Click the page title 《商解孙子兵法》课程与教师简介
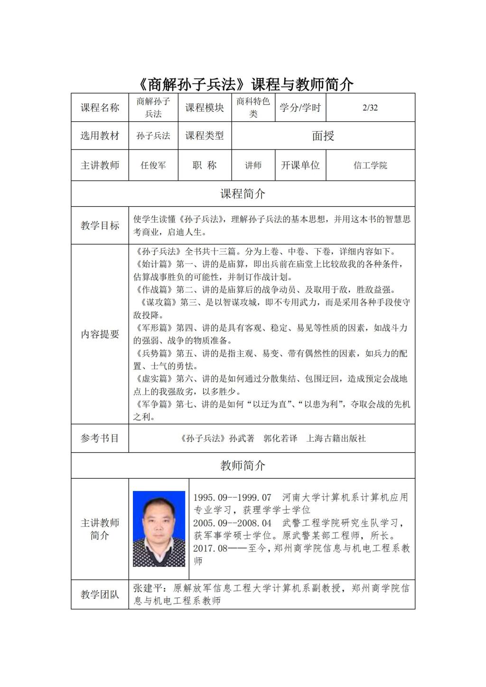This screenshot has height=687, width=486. click(x=243, y=84)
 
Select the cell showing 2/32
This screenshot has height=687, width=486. click(x=370, y=108)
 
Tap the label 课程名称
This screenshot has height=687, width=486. click(x=100, y=108)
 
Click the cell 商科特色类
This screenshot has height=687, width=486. click(x=253, y=108)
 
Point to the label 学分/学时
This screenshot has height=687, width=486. click(x=300, y=108)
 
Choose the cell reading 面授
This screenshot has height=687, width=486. click(x=323, y=136)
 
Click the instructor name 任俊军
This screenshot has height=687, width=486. click(x=153, y=166)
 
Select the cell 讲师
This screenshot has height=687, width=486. click(x=253, y=166)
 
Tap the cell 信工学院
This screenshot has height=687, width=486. click(x=370, y=166)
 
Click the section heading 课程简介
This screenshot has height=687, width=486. click(x=243, y=194)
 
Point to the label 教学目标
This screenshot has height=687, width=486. click(x=100, y=226)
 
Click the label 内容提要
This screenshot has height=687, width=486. click(x=100, y=334)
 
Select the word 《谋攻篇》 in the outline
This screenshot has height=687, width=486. click(x=159, y=303)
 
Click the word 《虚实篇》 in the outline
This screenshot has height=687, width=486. click(x=154, y=379)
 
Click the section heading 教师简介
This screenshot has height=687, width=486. click(x=243, y=466)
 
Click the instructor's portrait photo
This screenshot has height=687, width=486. click(x=159, y=529)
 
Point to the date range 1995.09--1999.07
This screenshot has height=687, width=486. click(x=232, y=498)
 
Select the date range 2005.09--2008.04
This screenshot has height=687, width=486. click(x=232, y=523)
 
